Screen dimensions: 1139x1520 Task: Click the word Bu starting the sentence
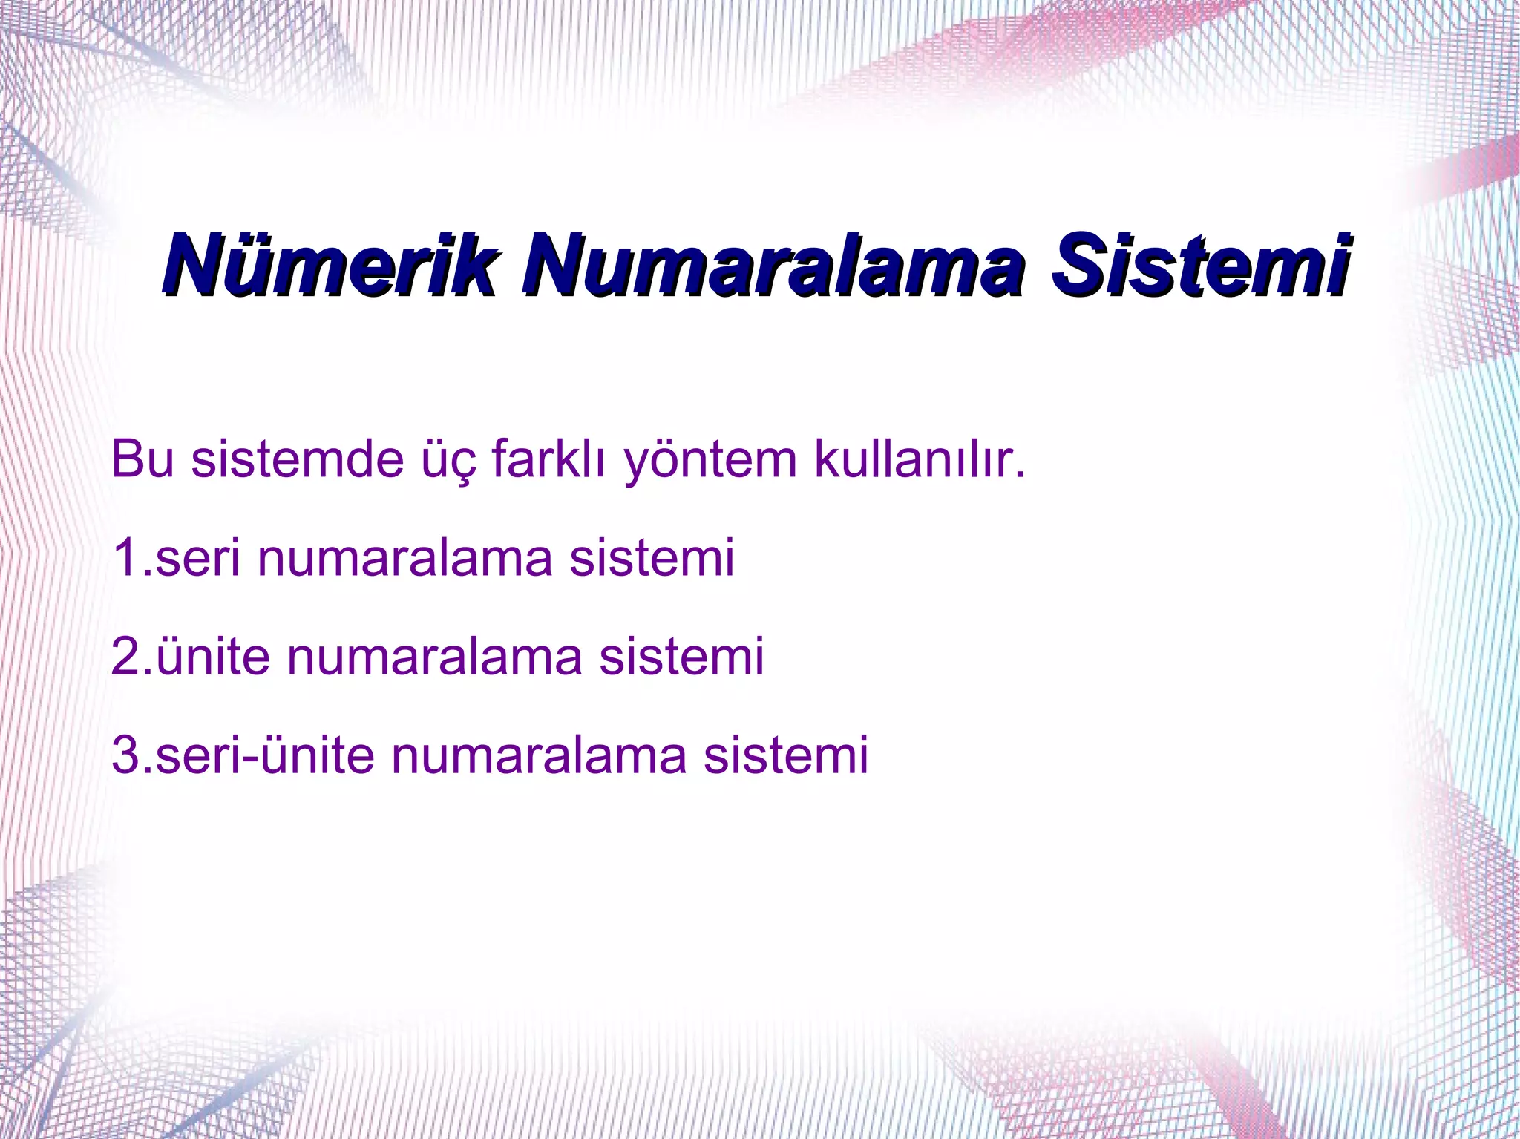pos(142,460)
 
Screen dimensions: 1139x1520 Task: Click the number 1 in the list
pos(125,558)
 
